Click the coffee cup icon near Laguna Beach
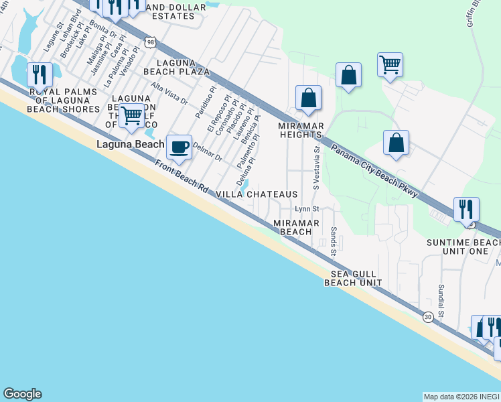179,147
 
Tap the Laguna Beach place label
130,144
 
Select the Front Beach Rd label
182,178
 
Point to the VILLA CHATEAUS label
256,194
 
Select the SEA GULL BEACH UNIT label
353,278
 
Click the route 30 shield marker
427,317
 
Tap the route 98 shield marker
152,42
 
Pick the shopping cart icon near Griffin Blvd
389,66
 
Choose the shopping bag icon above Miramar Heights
308,98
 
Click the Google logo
22,394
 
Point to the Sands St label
334,241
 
